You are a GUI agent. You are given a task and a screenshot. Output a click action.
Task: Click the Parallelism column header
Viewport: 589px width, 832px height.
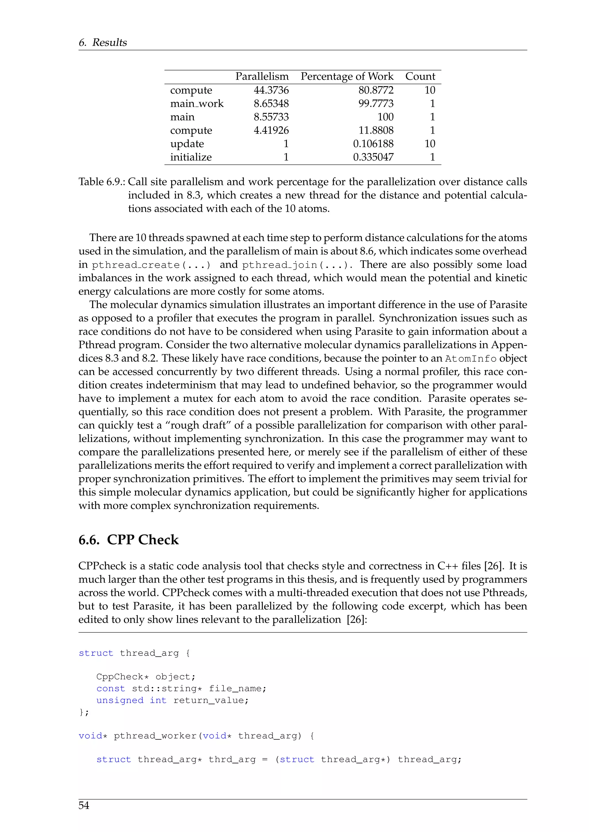262,76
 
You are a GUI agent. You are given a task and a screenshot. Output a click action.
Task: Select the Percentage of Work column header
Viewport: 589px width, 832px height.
347,76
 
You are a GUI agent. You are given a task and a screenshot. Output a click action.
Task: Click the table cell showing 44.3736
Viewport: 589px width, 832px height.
271,90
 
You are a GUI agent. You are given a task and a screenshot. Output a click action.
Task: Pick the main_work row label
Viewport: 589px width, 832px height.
197,104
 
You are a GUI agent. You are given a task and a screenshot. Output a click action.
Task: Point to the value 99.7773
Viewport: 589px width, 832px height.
376,104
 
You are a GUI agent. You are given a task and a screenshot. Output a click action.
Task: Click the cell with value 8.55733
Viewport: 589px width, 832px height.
271,117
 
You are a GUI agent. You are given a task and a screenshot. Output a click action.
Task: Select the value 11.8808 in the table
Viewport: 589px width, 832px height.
376,130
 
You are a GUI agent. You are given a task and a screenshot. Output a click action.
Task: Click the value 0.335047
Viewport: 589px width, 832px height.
373,157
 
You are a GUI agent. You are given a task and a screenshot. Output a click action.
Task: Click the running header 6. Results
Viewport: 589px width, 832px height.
103,43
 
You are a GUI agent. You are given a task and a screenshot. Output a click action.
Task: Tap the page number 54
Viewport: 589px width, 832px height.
84,805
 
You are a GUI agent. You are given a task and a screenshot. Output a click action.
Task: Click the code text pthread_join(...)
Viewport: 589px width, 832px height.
297,265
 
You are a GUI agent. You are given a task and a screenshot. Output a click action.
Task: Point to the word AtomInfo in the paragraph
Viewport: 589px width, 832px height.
471,359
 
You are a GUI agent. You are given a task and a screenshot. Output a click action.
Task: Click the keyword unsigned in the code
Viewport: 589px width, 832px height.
120,700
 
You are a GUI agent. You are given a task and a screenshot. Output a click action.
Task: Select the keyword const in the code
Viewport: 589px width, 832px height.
111,689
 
